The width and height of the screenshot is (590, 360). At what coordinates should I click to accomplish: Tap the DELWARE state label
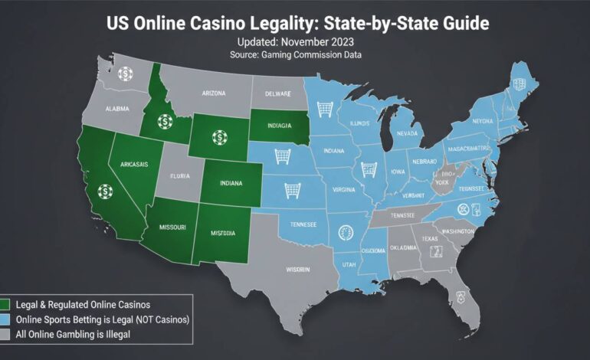[x=277, y=94]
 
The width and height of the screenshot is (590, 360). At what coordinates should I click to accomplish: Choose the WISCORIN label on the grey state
[x=293, y=270]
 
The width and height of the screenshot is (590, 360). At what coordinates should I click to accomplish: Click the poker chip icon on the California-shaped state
[x=104, y=191]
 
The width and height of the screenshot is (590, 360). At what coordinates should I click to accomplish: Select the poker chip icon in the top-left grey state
[x=125, y=74]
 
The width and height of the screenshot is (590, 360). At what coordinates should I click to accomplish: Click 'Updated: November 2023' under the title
[x=294, y=41]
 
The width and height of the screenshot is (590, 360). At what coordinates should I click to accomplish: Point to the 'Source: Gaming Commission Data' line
[x=294, y=55]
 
